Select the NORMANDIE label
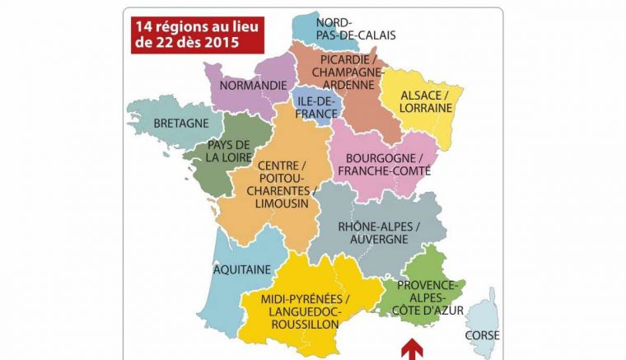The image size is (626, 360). pyautogui.click(x=250, y=86)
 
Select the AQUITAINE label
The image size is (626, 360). pyautogui.click(x=241, y=269)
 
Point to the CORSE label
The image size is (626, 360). pyautogui.click(x=482, y=335)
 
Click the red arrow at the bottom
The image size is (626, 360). pyautogui.click(x=408, y=351)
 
